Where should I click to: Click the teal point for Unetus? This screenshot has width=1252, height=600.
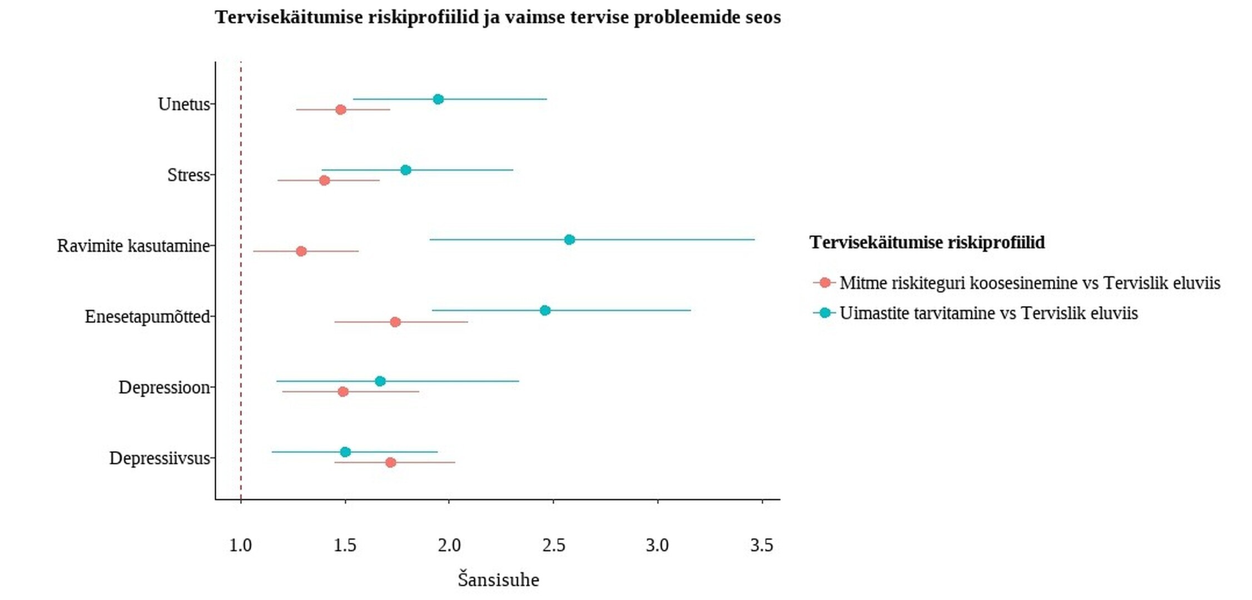(438, 99)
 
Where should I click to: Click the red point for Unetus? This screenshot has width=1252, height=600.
(341, 110)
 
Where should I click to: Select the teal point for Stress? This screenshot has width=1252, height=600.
(406, 170)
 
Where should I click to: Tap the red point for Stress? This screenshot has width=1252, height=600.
(325, 181)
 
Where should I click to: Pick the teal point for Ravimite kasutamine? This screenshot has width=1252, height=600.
(569, 240)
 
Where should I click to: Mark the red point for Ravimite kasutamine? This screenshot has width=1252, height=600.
(301, 252)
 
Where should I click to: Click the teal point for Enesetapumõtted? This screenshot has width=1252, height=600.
(545, 311)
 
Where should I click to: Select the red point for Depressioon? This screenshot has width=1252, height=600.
(343, 392)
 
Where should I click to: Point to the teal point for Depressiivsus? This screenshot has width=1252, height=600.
(345, 452)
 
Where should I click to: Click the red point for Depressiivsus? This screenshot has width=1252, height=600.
(391, 463)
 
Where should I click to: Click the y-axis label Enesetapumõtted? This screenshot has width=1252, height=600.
(147, 317)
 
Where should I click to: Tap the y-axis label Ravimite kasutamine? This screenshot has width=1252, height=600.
(133, 246)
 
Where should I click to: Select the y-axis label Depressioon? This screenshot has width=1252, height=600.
(164, 387)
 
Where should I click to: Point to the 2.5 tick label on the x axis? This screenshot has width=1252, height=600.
(553, 546)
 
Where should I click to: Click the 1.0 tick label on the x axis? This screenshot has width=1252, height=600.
(240, 546)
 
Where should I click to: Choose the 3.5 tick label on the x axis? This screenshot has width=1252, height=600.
(761, 546)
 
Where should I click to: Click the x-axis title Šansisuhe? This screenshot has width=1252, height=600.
(498, 580)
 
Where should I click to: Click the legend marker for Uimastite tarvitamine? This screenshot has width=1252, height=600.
(825, 313)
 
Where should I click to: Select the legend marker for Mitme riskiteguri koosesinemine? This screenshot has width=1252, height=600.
(825, 283)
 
